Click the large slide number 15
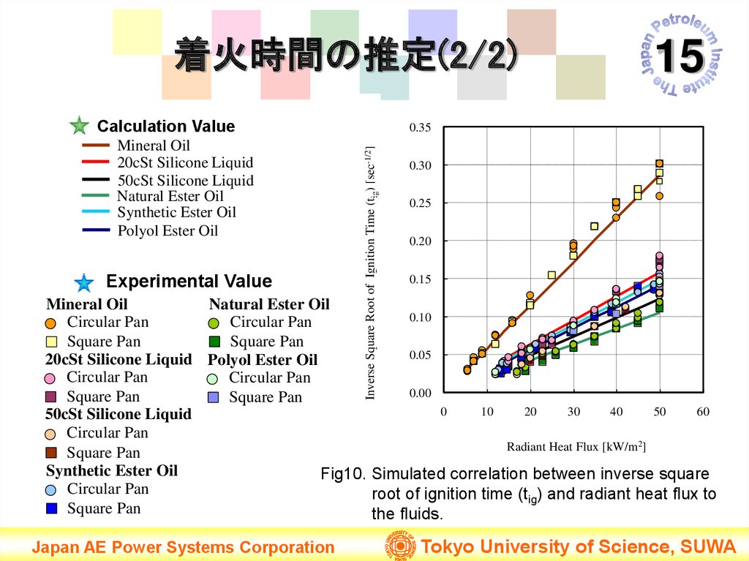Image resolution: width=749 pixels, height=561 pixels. [x=680, y=57]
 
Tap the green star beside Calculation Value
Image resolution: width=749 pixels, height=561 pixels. [x=79, y=126]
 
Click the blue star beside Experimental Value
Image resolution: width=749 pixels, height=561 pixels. [x=84, y=282]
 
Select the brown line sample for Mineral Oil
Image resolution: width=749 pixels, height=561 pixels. [x=96, y=146]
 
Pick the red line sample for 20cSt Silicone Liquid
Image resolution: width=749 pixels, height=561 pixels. [x=96, y=162]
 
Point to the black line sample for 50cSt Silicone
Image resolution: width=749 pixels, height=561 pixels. [x=96, y=180]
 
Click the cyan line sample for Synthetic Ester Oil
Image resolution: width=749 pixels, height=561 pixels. [x=96, y=212]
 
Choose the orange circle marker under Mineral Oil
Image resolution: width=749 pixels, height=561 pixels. [x=50, y=323]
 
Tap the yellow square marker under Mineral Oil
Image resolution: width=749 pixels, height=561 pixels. [x=51, y=342]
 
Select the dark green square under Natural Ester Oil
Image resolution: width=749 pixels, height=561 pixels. [x=214, y=342]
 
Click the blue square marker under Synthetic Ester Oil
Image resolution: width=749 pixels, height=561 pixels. [x=51, y=508]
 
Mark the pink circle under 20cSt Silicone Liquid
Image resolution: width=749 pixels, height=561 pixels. [x=50, y=378]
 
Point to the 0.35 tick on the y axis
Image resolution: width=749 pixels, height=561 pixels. [x=421, y=128]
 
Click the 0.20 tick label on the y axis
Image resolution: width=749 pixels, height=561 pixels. [x=421, y=241]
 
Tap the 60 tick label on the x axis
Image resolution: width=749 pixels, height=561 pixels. [x=703, y=412]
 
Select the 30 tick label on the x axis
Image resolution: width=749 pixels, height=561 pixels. [x=573, y=412]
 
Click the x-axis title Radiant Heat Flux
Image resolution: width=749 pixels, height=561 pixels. [x=576, y=446]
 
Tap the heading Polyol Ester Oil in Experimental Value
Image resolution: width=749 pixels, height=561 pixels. [x=263, y=360]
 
